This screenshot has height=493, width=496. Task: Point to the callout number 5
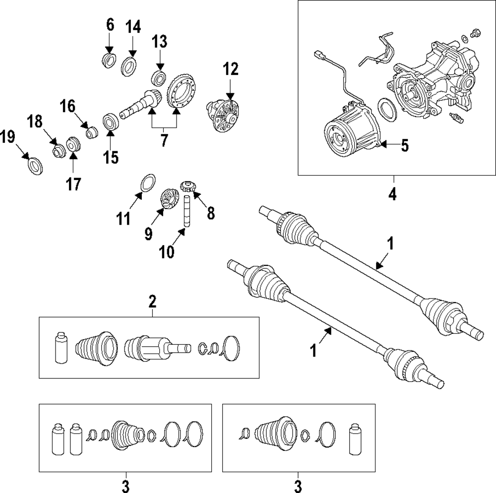click(405, 146)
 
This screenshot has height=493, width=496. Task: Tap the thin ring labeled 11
click(147, 182)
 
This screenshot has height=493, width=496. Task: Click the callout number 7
click(164, 141)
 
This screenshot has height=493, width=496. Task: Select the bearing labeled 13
click(159, 78)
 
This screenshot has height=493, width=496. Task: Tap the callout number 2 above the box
click(152, 301)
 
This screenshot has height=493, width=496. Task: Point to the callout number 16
click(68, 106)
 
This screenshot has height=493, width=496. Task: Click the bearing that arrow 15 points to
click(110, 122)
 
